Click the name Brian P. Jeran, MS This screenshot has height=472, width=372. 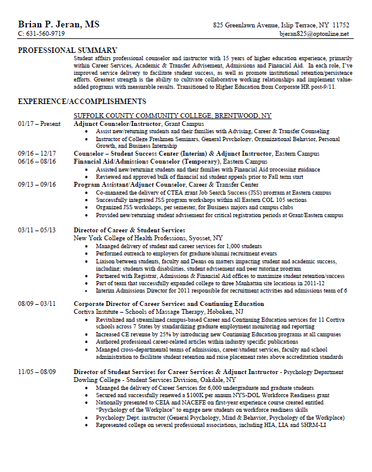tap(59, 24)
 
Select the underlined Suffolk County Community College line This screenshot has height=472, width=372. tap(173, 115)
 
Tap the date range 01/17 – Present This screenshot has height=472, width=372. tap(40, 123)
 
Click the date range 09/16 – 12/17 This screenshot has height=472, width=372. tap(37, 153)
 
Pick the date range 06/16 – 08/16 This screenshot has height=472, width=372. tap(37, 161)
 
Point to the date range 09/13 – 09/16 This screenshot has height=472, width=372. tap(37, 184)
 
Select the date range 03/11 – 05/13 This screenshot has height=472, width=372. tap(37, 231)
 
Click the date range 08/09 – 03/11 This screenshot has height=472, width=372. tap(37, 304)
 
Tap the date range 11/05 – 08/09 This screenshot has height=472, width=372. tap(37, 371)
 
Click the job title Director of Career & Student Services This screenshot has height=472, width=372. tap(129, 231)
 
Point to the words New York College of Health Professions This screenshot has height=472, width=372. tap(133, 238)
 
